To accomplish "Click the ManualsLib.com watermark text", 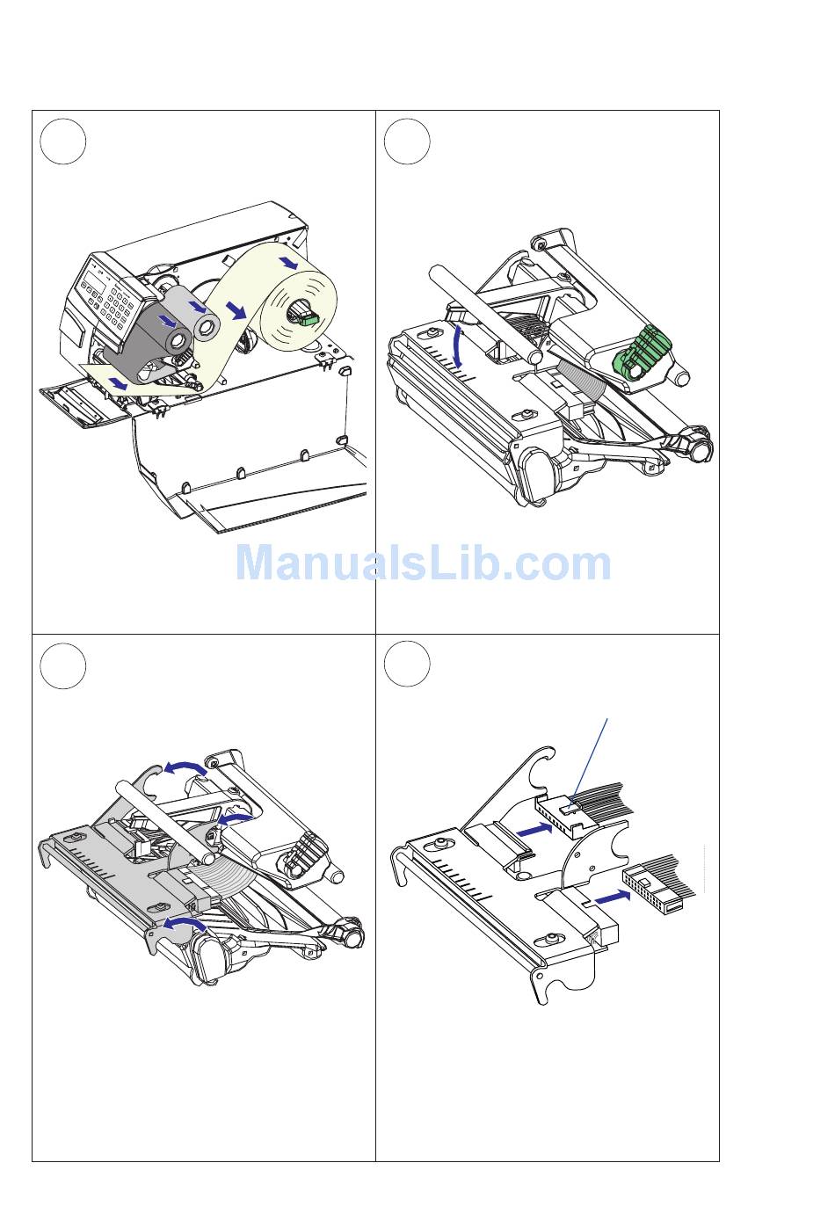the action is [x=423, y=563].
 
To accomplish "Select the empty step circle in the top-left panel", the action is [x=62, y=142].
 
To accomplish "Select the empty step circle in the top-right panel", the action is [x=407, y=142].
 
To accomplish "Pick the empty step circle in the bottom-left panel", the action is [x=62, y=665].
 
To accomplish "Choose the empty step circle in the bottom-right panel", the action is [x=407, y=664].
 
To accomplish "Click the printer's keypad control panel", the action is [x=108, y=297].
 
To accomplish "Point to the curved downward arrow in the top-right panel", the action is [x=461, y=345].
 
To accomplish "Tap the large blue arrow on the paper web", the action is [x=237, y=311].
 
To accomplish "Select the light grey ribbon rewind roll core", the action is [x=207, y=326].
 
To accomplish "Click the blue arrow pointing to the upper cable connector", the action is [x=534, y=830].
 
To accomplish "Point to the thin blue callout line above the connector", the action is [x=589, y=759].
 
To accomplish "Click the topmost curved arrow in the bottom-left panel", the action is [x=185, y=767].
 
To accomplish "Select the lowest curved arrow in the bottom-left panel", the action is [x=185, y=922].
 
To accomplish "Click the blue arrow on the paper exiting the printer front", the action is [x=118, y=382].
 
